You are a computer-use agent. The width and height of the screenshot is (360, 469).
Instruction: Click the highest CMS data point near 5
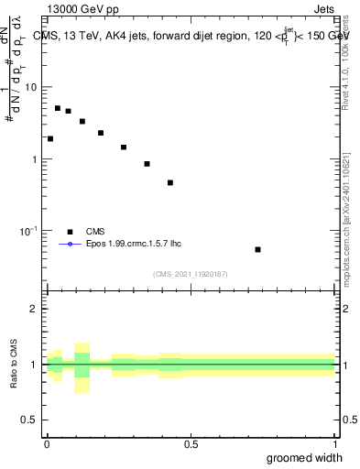tap(58, 108)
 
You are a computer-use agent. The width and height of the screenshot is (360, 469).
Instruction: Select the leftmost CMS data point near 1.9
tap(50, 139)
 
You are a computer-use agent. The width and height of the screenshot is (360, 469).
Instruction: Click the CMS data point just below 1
tap(147, 164)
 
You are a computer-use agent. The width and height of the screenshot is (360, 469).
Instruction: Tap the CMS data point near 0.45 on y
tap(170, 182)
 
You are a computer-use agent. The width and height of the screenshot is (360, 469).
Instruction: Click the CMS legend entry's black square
tap(70, 232)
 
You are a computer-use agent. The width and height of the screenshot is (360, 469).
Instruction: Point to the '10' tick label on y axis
tap(30, 87)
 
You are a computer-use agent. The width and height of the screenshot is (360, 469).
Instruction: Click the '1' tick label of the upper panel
tap(35, 159)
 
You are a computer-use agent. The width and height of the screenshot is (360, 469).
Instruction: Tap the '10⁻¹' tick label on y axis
tap(28, 231)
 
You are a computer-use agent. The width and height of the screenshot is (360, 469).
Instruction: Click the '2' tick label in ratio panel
tap(35, 309)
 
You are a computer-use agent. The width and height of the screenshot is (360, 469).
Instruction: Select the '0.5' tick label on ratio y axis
tap(29, 420)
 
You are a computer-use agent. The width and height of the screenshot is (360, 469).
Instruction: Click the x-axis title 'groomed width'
tap(305, 458)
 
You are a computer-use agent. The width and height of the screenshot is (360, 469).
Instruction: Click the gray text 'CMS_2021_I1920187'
tap(191, 274)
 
